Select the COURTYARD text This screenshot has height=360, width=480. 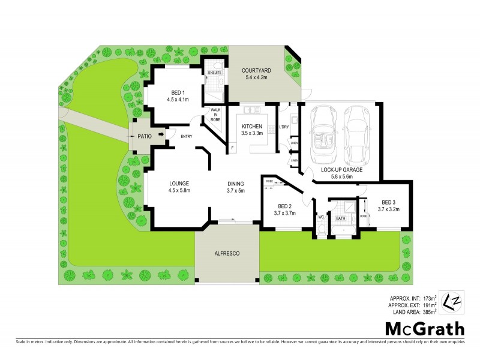[257, 71]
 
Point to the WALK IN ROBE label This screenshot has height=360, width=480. [215, 115]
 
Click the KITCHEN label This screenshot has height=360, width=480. [253, 127]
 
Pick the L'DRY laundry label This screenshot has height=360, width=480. [285, 127]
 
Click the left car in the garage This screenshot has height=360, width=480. [323, 137]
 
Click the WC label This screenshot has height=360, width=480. [321, 217]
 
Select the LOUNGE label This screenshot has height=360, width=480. [179, 184]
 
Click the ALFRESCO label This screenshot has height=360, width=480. [227, 254]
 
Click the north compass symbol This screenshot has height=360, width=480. [451, 301]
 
